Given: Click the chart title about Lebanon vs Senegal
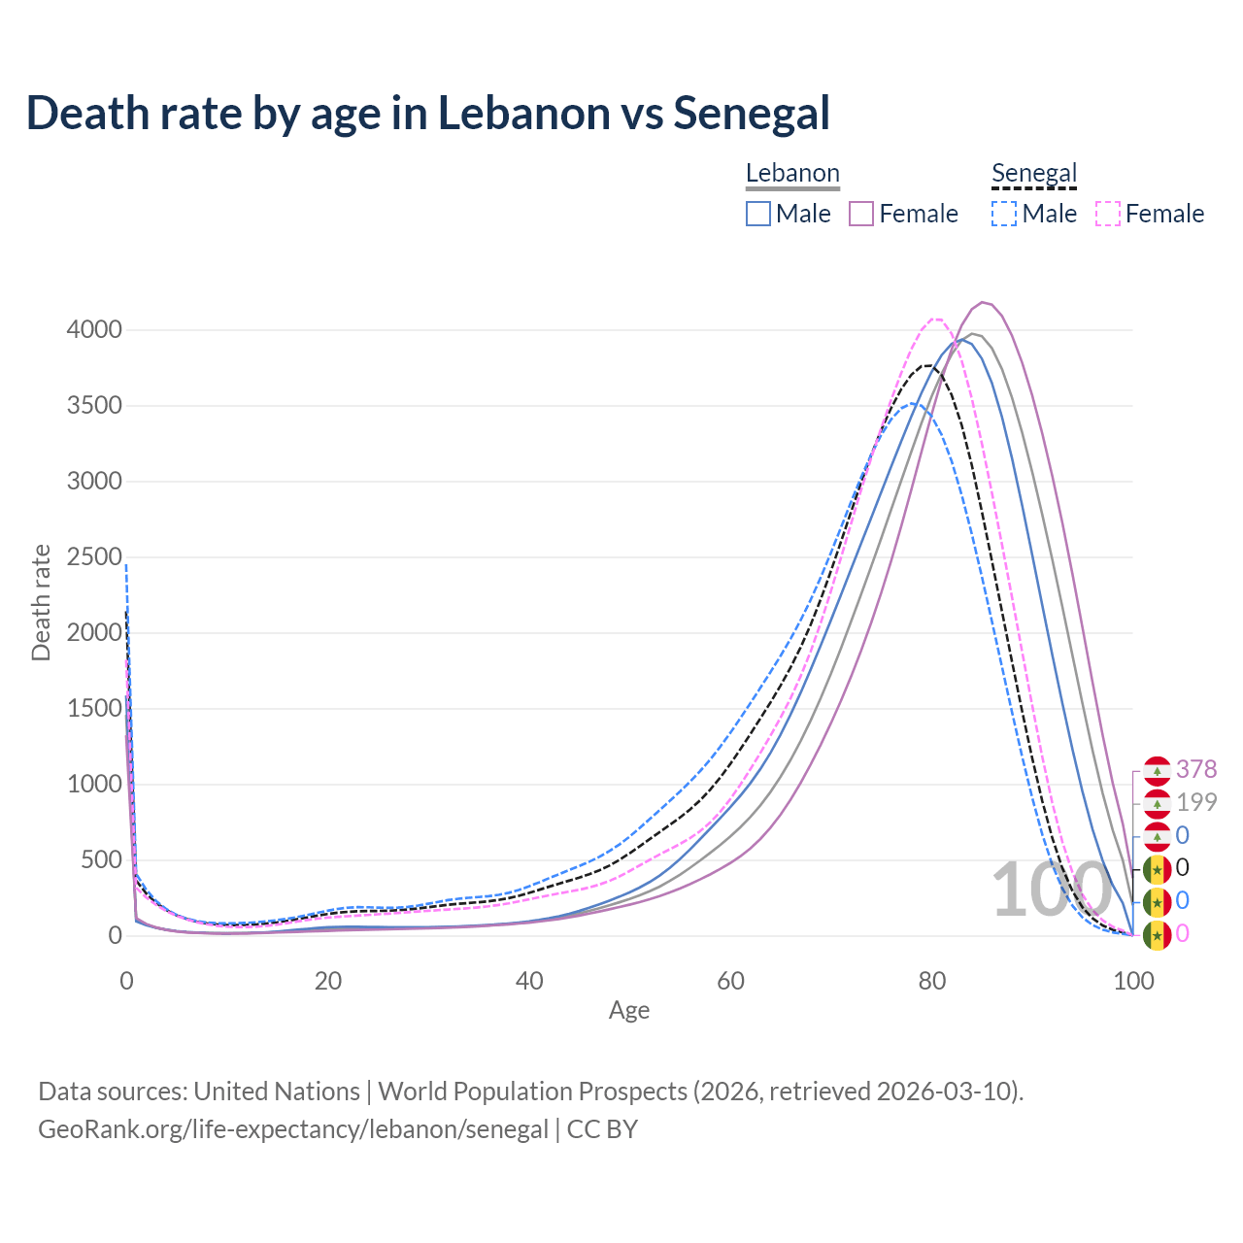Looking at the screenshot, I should click(428, 113).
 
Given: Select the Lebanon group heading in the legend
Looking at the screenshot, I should click(792, 174).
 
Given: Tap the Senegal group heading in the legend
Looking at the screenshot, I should click(1034, 174).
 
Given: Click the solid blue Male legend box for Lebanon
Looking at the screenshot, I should click(758, 214).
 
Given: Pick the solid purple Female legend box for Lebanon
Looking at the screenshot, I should click(862, 214).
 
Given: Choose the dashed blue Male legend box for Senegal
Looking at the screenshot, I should click(1004, 214).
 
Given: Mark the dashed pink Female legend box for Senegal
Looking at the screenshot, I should click(1108, 214).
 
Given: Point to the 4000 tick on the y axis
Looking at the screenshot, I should click(94, 330).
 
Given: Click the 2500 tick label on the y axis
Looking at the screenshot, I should click(94, 557).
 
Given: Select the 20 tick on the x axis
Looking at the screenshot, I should click(328, 981).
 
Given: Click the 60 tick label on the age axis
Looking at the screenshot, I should click(731, 981).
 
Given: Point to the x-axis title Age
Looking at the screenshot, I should click(629, 1011).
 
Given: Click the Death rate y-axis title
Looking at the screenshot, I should click(41, 603).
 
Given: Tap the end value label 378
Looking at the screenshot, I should click(1196, 769).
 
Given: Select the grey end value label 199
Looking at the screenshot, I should click(1196, 802).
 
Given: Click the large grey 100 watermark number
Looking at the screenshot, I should click(1051, 890).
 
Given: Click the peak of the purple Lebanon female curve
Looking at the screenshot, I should click(984, 302).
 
